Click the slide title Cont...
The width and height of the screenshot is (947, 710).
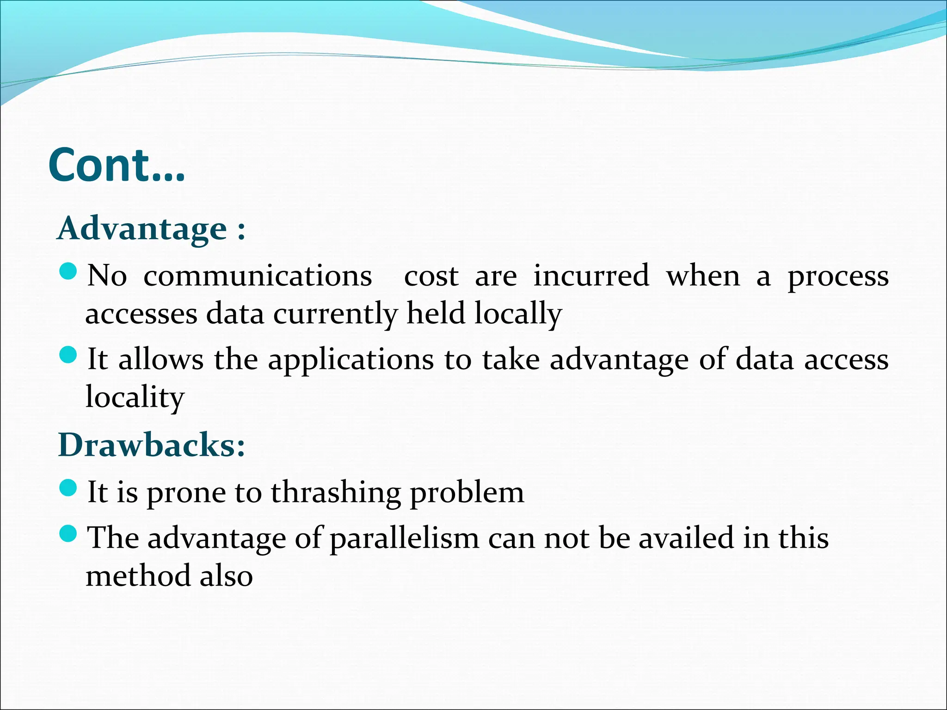tap(116, 165)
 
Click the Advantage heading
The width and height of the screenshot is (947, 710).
tap(150, 228)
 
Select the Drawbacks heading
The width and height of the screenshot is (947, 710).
tap(151, 445)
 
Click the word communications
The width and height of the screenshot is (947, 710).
tap(258, 276)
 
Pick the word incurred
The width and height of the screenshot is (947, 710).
tap(591, 276)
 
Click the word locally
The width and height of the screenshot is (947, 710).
tap(518, 314)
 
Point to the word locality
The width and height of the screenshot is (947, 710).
tap(135, 398)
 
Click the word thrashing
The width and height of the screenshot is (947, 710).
tap(336, 493)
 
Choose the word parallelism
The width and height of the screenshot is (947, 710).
tap(405, 539)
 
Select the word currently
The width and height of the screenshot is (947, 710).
tap(335, 314)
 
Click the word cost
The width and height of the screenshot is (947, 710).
tap(431, 277)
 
